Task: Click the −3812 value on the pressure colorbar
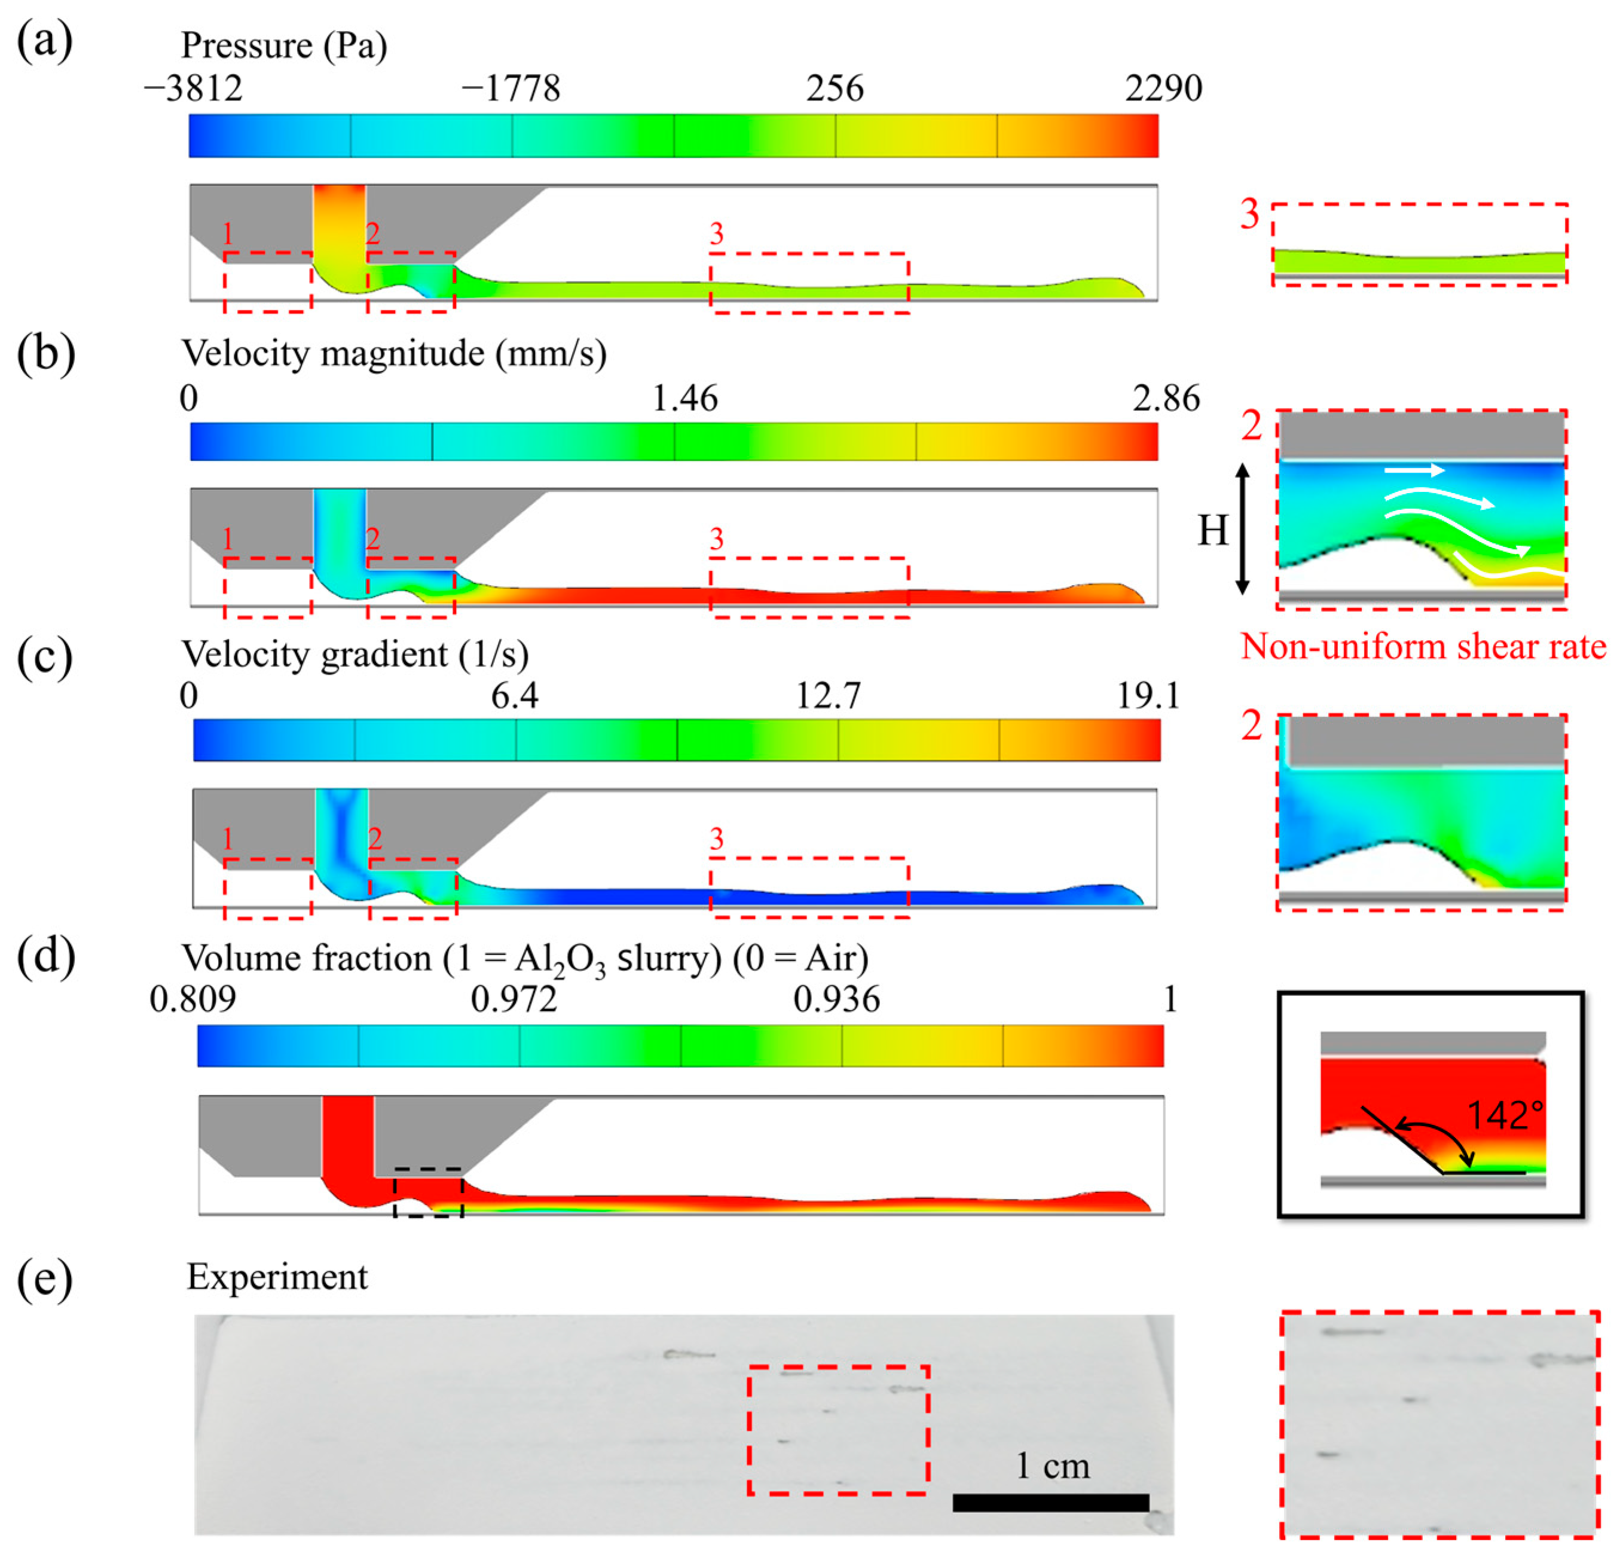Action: [x=194, y=88]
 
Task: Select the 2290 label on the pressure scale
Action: [x=1163, y=88]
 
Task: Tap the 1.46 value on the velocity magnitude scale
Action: [x=684, y=399]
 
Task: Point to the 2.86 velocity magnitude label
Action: [x=1166, y=399]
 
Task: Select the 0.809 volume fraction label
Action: [x=192, y=999]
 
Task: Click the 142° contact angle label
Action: [x=1504, y=1116]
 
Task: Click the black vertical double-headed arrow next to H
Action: [x=1242, y=529]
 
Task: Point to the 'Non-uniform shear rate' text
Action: [x=1423, y=646]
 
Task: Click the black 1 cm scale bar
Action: [x=1050, y=1503]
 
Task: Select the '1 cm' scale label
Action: [x=1052, y=1466]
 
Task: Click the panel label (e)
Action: [x=45, y=1278]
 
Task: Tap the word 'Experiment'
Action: [x=277, y=1277]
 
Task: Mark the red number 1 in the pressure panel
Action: [x=228, y=235]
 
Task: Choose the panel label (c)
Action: [x=45, y=656]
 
